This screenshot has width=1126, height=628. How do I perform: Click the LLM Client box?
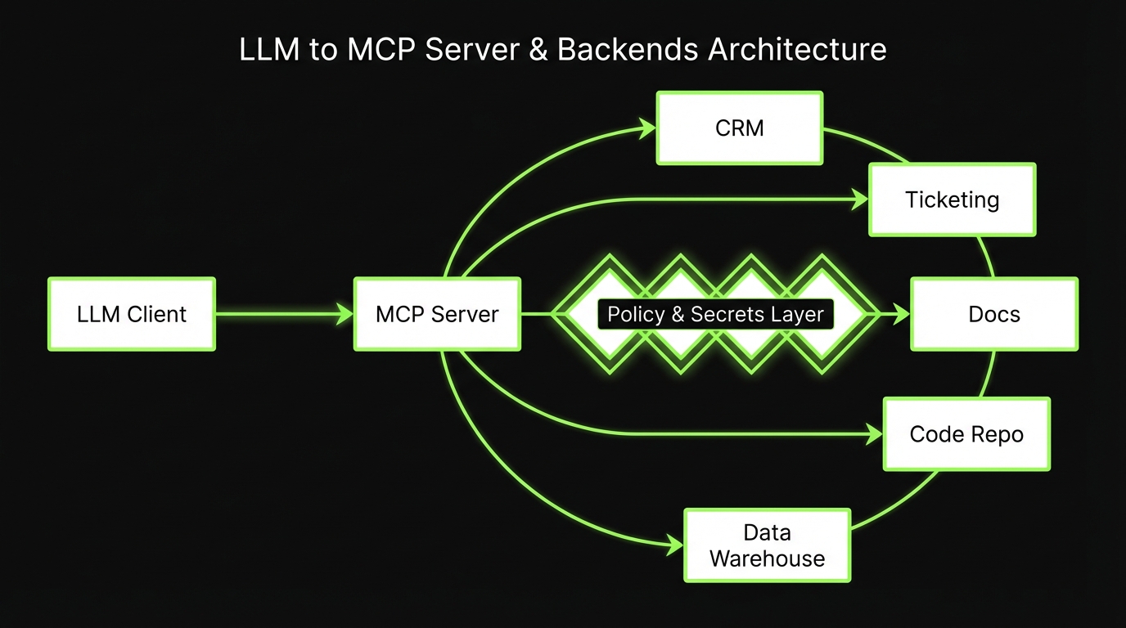[132, 314]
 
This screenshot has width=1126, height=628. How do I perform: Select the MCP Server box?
[437, 314]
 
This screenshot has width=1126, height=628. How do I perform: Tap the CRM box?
[740, 128]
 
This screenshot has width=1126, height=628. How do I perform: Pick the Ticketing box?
[952, 200]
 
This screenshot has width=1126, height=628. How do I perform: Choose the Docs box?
[994, 314]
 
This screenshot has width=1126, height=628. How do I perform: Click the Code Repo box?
[966, 434]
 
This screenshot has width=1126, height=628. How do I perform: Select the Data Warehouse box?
[767, 545]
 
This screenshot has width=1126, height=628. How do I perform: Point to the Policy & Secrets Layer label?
[715, 314]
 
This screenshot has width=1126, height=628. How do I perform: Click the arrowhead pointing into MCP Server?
[345, 314]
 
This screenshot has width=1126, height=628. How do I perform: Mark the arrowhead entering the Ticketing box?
[859, 200]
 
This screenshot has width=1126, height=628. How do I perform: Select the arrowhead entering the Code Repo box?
[874, 435]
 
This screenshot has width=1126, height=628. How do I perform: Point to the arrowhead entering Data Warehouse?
[674, 544]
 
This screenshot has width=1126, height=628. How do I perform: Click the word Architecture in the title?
[797, 49]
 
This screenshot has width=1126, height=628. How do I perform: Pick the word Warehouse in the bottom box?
[767, 559]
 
